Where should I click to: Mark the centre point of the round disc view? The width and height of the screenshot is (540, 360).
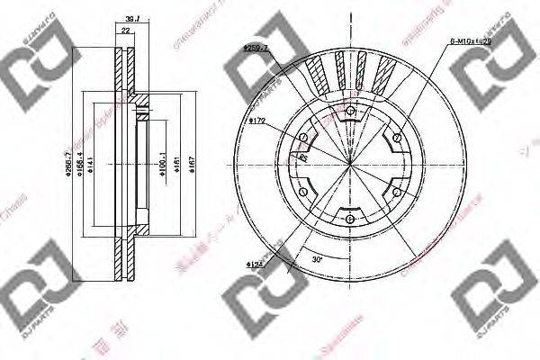tap(350, 163)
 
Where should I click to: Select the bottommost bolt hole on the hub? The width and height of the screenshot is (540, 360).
tap(350, 216)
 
